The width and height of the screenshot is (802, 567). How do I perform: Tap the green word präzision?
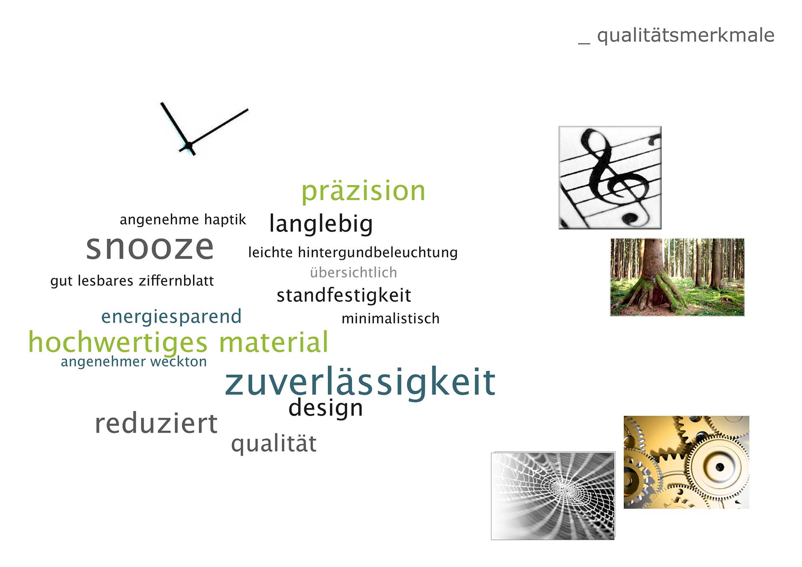coord(363,191)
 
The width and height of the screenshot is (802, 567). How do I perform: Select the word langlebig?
coord(321,224)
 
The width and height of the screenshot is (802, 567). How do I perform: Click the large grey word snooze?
coord(150,248)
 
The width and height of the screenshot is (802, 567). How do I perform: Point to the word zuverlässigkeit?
coord(360,382)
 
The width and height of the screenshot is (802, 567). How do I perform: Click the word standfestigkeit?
coord(344,296)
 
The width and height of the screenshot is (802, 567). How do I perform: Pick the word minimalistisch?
coord(391,319)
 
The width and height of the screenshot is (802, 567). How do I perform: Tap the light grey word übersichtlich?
coord(353,273)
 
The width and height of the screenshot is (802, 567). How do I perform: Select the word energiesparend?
coord(171,317)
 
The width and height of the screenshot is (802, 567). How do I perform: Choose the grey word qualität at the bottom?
coord(274,444)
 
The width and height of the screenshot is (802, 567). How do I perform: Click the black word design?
coord(325,408)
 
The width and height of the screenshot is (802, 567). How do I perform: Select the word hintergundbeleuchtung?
coord(378,253)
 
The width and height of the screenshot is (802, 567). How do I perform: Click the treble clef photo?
coord(610,177)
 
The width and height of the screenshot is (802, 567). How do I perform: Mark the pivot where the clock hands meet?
coord(189,145)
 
